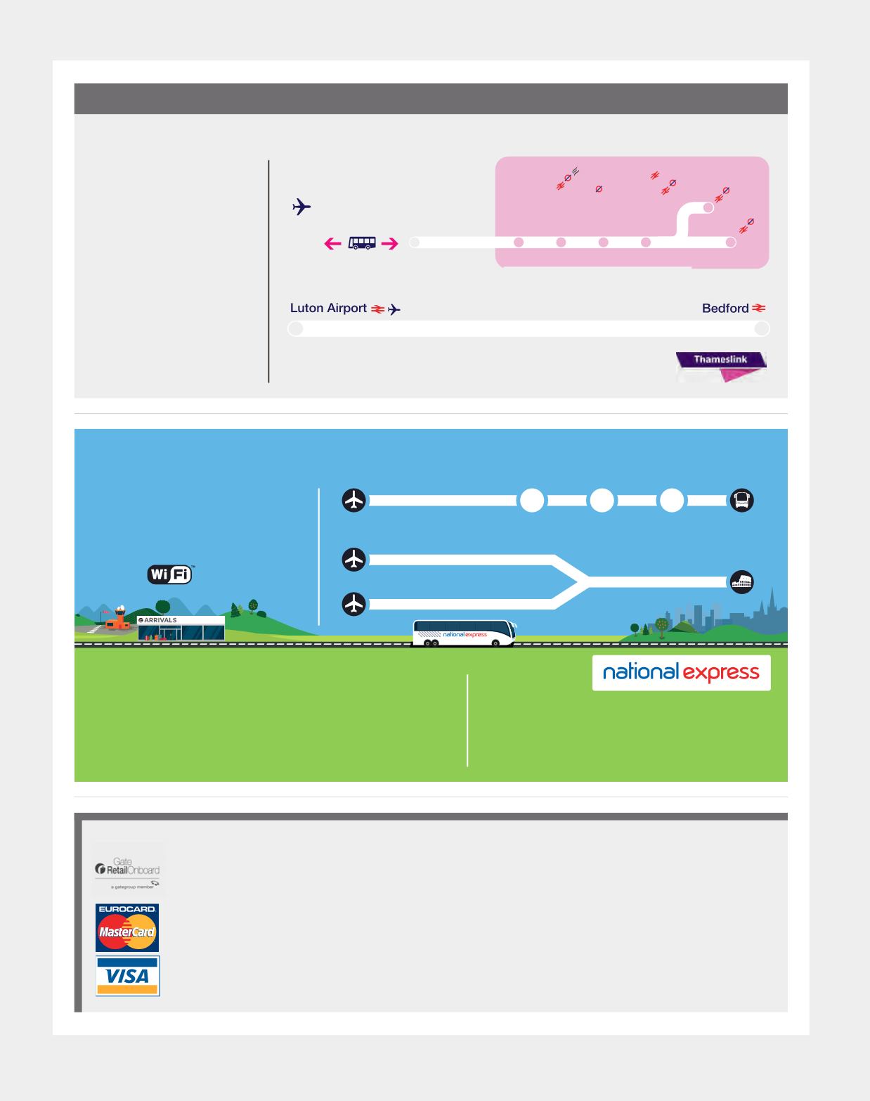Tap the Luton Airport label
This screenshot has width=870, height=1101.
point(328,309)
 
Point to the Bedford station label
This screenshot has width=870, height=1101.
point(725,309)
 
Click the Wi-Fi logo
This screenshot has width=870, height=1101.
point(169,574)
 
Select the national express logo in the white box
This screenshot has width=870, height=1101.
point(681,673)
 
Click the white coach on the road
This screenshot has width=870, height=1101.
point(464,633)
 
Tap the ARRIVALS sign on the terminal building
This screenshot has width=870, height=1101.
point(159,620)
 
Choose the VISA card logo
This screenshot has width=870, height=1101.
point(128,976)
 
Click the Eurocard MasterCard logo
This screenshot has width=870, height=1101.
point(127,928)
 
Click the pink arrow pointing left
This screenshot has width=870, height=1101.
point(332,243)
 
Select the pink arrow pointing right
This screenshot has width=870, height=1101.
point(390,243)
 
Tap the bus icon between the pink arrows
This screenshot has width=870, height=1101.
point(362,243)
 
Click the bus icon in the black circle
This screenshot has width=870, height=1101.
point(742,501)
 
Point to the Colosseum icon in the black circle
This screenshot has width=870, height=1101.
point(742,582)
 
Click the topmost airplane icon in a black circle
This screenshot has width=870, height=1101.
point(354,501)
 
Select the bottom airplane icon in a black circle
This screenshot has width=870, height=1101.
point(354,604)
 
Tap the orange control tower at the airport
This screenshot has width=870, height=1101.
point(120,617)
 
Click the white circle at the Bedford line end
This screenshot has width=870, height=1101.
point(761,328)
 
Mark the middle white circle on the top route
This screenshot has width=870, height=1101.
point(602,501)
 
